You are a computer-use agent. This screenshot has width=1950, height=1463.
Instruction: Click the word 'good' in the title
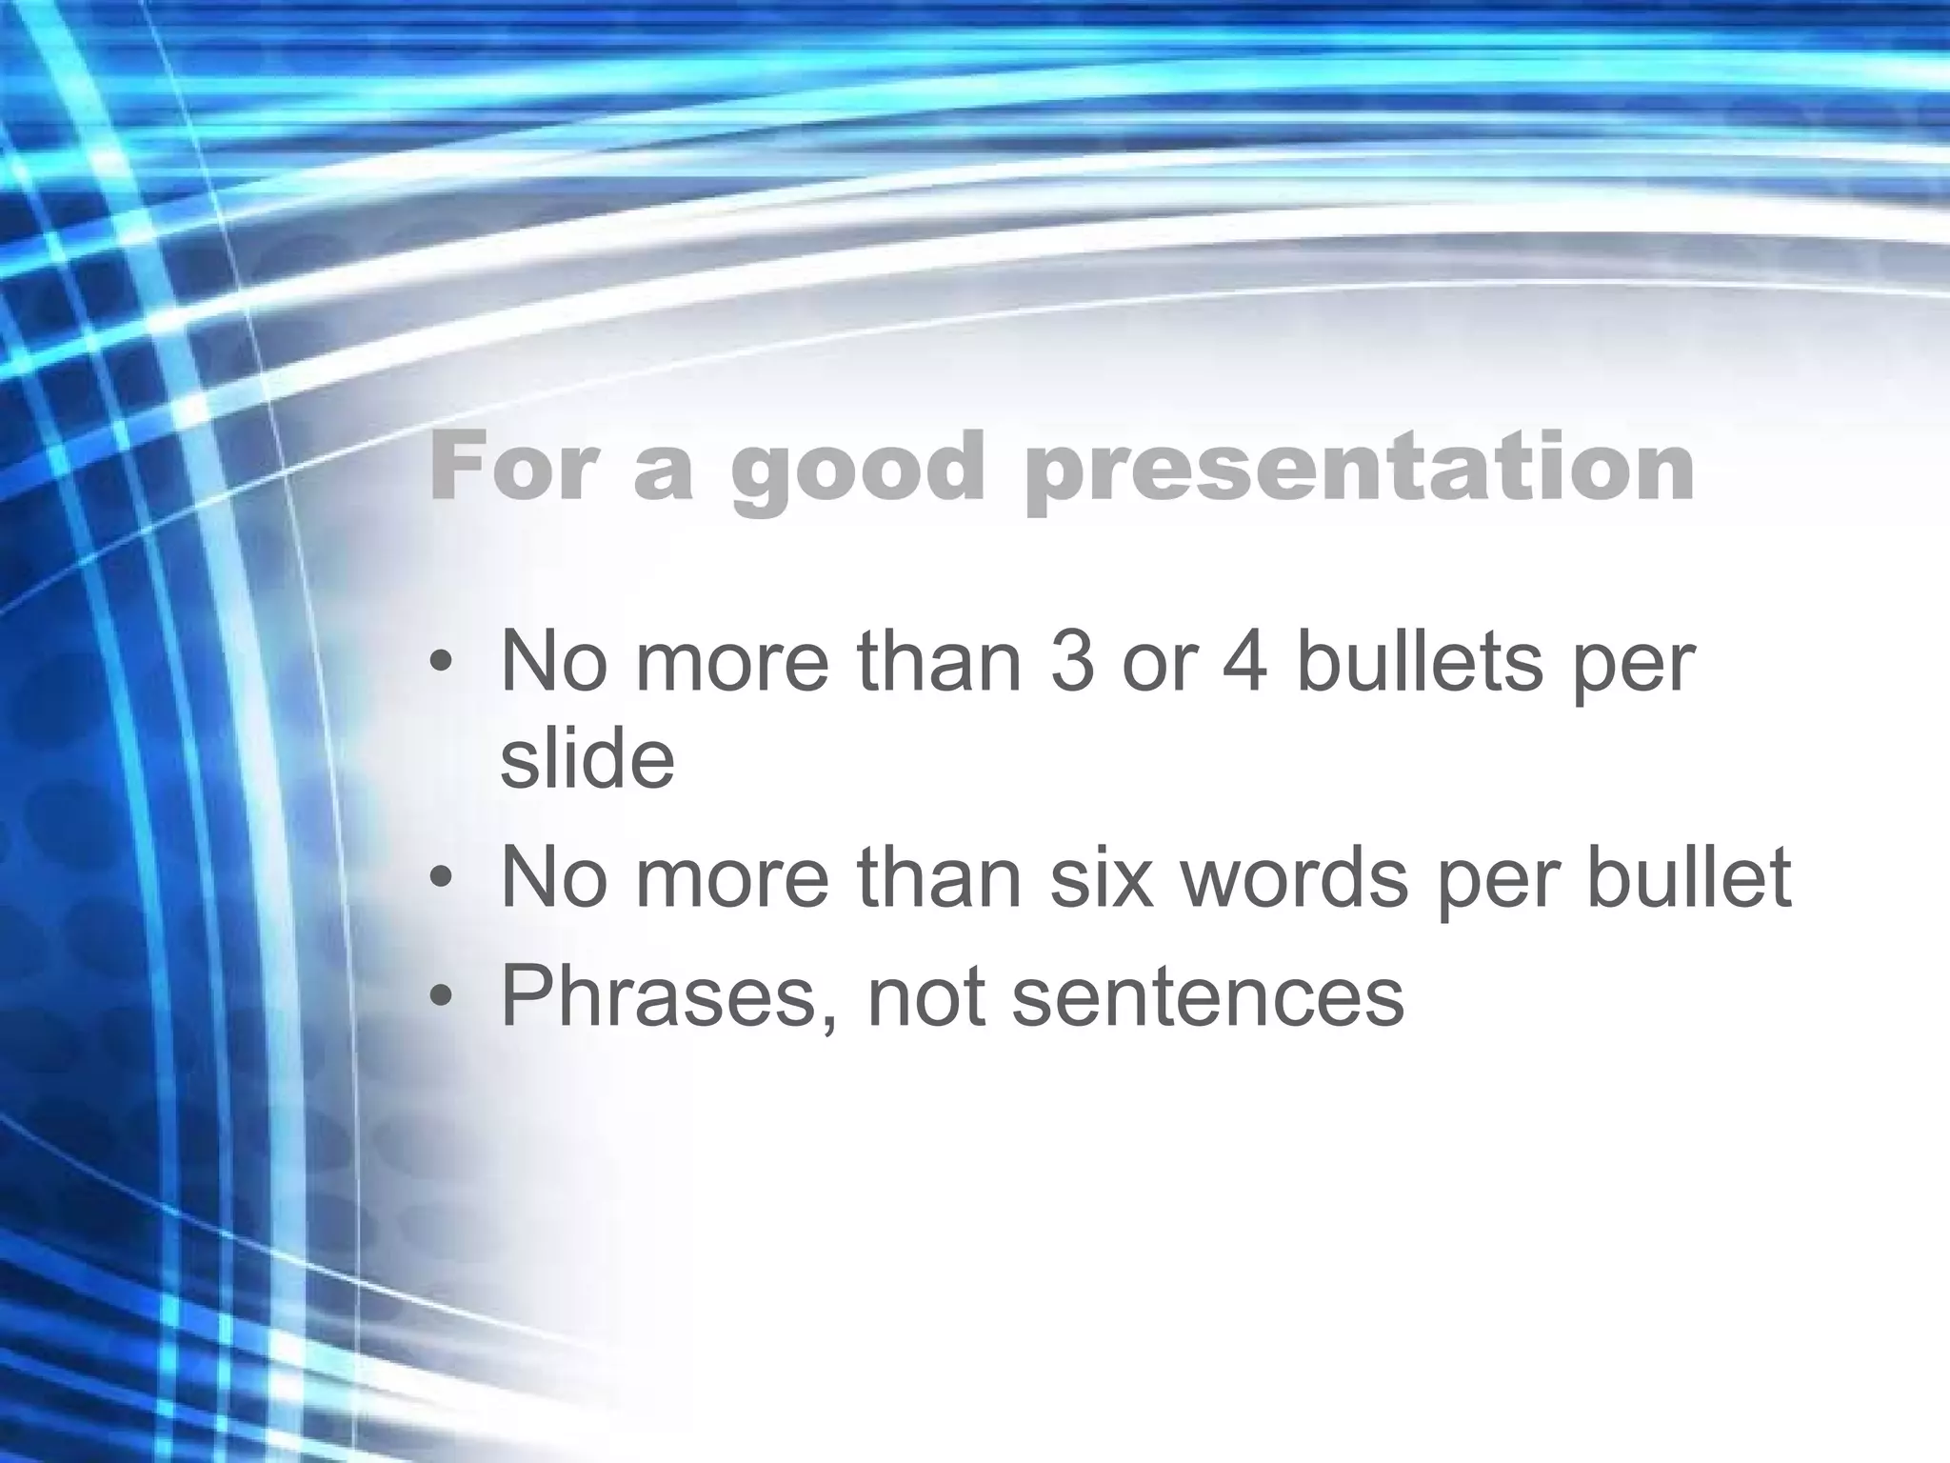[856, 469]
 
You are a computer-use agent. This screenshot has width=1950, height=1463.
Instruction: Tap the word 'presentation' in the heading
[1361, 469]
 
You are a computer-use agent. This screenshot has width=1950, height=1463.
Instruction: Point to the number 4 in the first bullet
[1244, 661]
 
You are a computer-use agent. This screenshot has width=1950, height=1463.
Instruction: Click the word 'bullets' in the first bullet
[1420, 661]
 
